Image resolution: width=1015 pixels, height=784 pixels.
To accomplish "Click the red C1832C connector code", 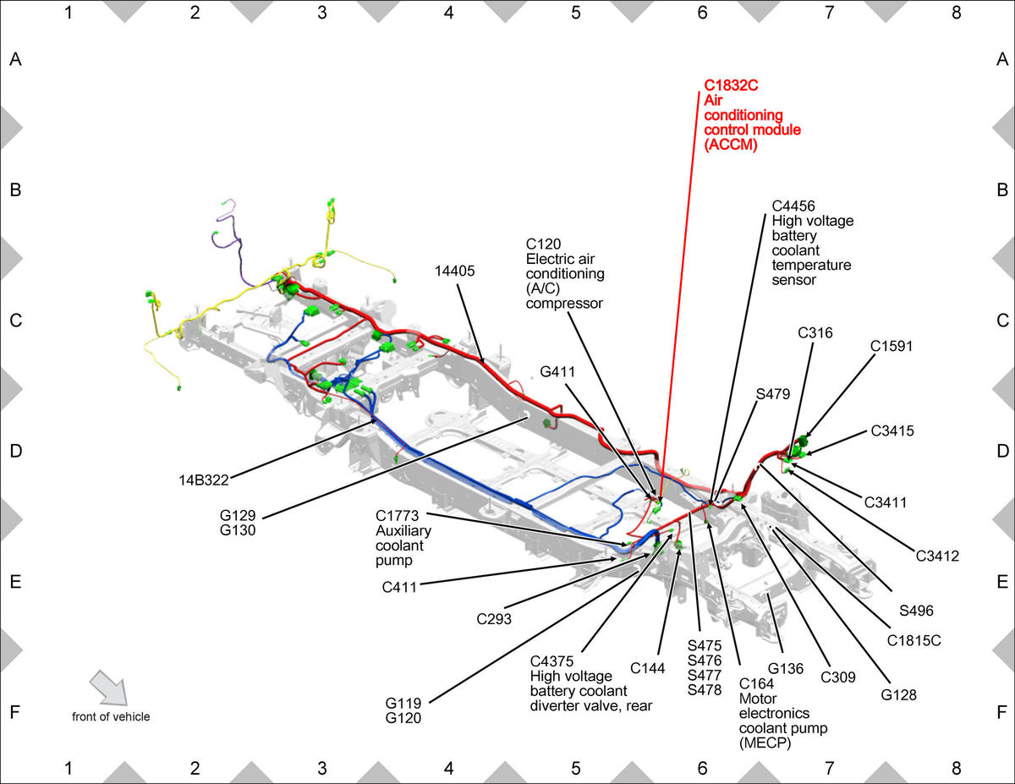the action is point(731,85).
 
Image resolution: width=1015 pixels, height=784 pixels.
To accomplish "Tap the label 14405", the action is point(454,271).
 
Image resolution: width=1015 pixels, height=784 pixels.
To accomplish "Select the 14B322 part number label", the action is point(204,480).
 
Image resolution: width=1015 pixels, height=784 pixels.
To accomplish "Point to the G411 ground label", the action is point(557,371).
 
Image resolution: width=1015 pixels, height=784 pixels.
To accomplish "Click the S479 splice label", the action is point(773,394).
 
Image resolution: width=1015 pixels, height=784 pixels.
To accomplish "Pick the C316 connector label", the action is point(815,332).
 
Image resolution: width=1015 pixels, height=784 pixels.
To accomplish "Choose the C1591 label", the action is point(892,346).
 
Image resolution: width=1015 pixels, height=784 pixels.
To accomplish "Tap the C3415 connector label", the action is point(892,430).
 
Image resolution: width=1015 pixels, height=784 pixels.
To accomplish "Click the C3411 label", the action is point(885,502).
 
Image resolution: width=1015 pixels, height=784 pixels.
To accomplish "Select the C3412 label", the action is point(937,556).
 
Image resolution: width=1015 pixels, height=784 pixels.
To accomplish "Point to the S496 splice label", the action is point(916,611).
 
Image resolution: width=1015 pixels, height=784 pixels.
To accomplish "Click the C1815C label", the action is point(913,640).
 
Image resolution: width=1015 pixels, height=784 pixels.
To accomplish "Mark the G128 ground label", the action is point(898,695).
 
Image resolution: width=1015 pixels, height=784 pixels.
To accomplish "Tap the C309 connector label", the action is point(838,677).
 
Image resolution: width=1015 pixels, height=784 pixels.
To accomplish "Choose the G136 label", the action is point(786,669).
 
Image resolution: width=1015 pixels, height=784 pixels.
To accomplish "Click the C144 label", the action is point(647,668).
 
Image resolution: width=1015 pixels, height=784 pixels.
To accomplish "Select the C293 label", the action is point(494,619).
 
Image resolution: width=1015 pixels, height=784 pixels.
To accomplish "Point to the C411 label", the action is point(399,587).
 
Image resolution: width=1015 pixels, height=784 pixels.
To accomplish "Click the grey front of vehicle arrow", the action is point(108,688).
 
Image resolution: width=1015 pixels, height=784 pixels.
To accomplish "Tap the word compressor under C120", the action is point(564,303).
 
